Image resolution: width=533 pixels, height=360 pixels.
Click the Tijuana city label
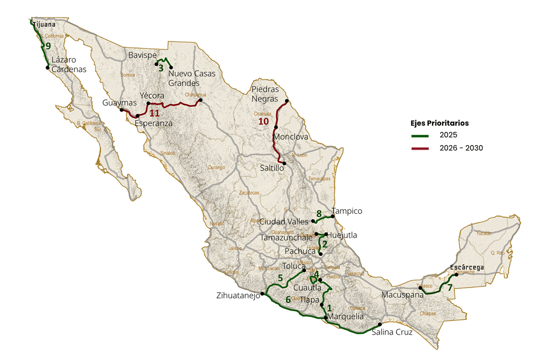click(x=44, y=23)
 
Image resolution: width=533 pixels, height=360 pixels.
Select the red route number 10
click(x=263, y=121)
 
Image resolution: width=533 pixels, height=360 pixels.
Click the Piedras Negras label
click(x=265, y=94)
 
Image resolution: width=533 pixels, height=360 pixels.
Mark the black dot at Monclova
click(x=276, y=127)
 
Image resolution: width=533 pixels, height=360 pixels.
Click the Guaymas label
click(x=119, y=102)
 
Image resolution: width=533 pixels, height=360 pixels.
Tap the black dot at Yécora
click(x=148, y=103)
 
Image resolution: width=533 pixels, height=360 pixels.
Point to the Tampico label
click(x=347, y=211)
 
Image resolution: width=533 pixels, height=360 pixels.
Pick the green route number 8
click(x=319, y=213)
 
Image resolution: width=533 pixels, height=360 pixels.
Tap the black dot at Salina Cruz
click(x=380, y=324)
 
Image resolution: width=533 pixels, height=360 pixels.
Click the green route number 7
click(x=449, y=287)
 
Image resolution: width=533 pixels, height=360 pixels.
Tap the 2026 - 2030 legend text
click(x=461, y=148)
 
